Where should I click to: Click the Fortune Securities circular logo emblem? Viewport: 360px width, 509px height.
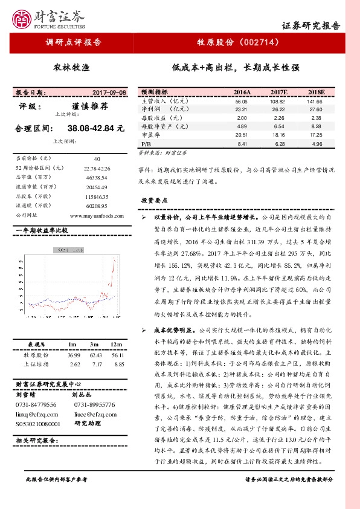coord(24,18)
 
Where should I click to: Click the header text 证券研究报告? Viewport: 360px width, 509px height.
coord(311,26)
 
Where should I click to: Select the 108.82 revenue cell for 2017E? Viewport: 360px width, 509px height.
coord(278,102)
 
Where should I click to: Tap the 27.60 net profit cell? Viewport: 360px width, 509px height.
coord(315,109)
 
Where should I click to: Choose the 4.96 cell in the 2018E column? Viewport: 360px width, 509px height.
coord(315,144)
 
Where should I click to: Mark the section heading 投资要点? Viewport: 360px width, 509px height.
coord(158,200)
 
